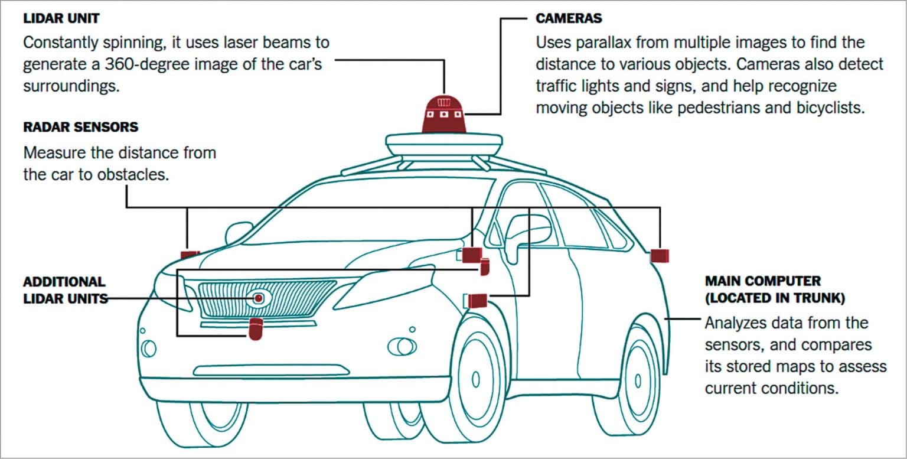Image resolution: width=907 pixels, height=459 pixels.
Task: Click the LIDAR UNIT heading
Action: coord(61,18)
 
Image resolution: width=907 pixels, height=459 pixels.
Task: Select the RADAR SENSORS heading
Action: coord(80,127)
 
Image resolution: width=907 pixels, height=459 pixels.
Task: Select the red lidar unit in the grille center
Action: coord(259,298)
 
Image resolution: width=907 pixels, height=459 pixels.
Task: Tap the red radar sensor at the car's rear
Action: coord(659,256)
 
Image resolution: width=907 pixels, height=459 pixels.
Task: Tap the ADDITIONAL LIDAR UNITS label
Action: coord(65,290)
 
